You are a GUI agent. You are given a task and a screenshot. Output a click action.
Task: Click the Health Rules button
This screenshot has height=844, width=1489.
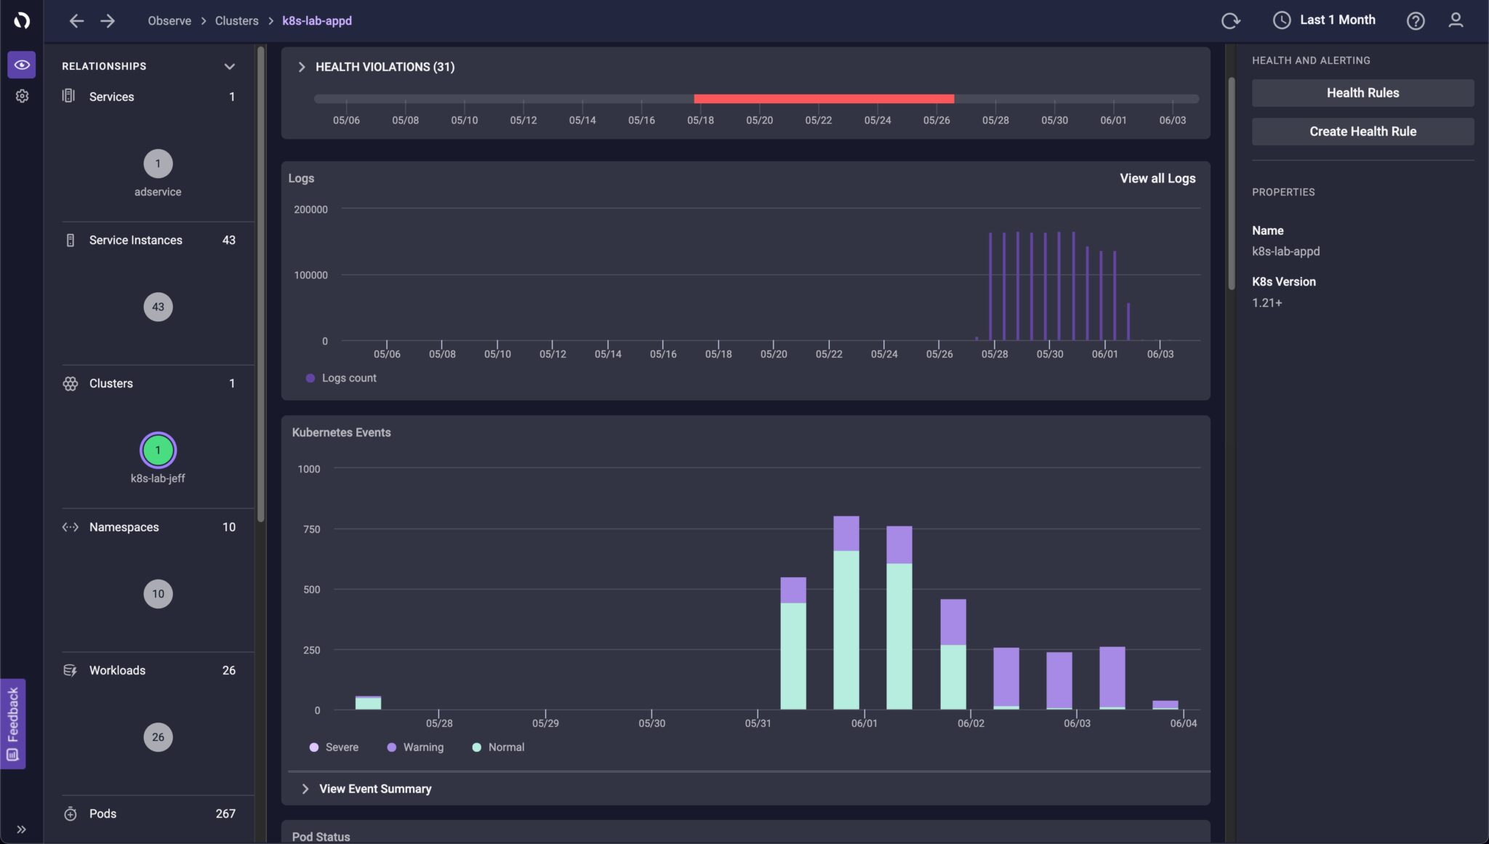[1362, 93]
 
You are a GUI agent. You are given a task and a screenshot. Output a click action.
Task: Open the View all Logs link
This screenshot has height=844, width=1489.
[1157, 178]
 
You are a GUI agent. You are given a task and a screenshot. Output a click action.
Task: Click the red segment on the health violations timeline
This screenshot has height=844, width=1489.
[823, 99]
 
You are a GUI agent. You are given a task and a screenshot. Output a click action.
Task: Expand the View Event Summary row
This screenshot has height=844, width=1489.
[374, 789]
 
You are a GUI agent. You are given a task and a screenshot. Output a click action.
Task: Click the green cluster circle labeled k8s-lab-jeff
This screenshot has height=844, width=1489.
[158, 450]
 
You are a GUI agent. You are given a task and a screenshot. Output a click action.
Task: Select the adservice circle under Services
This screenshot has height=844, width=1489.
[158, 164]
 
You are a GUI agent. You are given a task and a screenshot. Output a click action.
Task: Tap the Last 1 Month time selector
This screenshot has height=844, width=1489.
[1325, 20]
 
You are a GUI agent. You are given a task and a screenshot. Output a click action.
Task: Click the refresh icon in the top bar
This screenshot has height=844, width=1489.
[1230, 21]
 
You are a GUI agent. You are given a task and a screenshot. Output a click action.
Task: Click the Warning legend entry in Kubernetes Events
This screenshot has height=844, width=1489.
[415, 747]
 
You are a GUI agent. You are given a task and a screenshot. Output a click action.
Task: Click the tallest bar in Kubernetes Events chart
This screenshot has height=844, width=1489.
[846, 611]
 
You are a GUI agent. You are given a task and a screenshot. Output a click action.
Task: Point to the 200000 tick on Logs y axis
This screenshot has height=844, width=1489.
[310, 209]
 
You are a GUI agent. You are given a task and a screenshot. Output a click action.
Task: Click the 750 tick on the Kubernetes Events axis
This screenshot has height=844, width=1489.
[311, 529]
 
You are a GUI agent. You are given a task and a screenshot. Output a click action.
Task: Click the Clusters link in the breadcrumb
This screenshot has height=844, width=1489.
[236, 20]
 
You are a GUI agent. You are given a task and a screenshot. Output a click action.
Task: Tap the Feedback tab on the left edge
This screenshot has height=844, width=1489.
[12, 723]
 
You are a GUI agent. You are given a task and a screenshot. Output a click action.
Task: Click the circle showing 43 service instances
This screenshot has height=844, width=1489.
[158, 307]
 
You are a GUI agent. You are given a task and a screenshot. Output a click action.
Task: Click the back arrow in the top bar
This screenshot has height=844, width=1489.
[76, 21]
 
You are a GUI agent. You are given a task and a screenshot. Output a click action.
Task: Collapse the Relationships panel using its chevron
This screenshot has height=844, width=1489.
[229, 66]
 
